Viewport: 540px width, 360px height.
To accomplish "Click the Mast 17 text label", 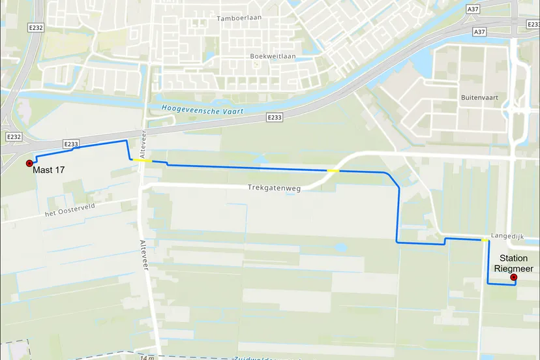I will click(x=50, y=170).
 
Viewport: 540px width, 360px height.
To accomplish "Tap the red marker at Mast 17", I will click(x=29, y=163).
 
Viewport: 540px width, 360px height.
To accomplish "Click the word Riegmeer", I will click(x=513, y=269).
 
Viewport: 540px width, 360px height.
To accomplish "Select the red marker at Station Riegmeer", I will click(x=513, y=278).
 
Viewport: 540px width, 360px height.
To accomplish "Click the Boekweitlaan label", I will click(x=273, y=56).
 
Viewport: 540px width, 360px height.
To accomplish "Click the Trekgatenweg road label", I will click(x=274, y=188).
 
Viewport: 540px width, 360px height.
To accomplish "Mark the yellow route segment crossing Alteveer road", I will click(x=142, y=160).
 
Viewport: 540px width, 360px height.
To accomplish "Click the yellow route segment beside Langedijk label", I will click(x=485, y=241).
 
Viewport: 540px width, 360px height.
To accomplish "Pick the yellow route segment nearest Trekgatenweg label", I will click(x=333, y=171).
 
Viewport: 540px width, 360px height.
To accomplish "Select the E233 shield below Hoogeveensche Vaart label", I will click(x=275, y=117).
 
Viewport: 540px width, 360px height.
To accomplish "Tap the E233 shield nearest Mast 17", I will click(x=71, y=143).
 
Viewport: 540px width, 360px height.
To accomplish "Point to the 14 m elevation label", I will click(x=147, y=357).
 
